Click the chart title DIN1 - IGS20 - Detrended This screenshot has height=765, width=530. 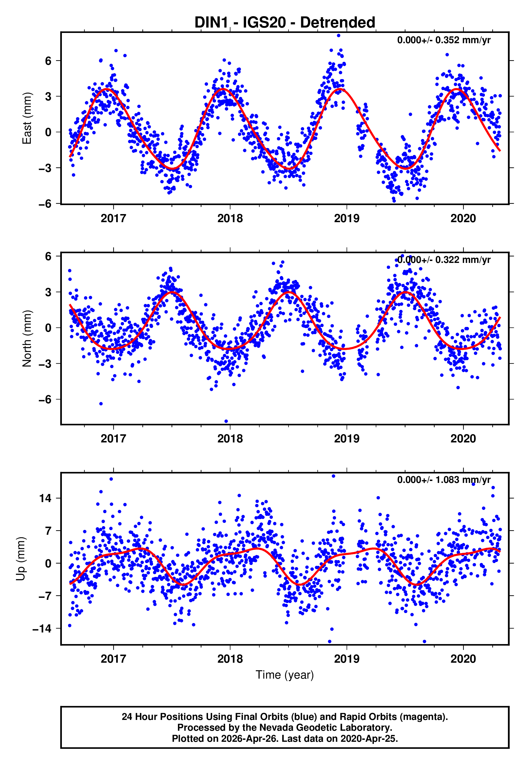[285, 23]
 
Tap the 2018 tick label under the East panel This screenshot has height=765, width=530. [230, 218]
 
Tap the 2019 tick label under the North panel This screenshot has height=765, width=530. [346, 439]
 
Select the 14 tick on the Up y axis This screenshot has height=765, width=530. [46, 498]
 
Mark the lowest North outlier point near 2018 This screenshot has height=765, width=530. [226, 421]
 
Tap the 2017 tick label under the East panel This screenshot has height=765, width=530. [113, 218]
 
